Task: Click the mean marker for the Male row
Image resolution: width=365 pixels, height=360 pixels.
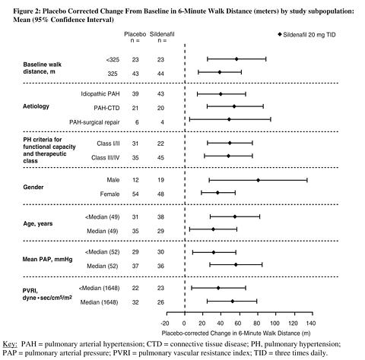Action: [258, 180]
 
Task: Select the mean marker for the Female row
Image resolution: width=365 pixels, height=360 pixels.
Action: [217, 193]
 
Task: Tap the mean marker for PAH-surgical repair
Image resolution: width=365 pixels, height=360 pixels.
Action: [229, 119]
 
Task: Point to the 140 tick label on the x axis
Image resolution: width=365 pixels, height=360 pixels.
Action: [311, 324]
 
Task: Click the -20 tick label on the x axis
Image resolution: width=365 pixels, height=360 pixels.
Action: [165, 324]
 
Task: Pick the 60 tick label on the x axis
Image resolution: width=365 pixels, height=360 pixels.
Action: [238, 324]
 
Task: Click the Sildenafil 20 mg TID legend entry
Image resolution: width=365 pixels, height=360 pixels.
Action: [306, 35]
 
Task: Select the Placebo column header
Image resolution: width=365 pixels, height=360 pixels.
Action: [135, 34]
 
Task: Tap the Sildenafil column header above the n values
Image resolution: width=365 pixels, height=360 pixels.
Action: [162, 34]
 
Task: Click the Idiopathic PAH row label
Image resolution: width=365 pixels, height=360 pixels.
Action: [100, 94]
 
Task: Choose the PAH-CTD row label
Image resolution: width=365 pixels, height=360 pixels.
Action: [106, 108]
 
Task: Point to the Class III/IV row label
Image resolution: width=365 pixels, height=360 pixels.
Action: [105, 158]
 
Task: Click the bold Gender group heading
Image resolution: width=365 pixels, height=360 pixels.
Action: [33, 187]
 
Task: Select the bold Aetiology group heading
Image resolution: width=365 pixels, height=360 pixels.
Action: [36, 106]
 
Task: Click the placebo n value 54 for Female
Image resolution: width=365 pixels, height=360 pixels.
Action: [135, 194]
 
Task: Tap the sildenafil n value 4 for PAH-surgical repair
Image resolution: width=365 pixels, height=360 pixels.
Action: [162, 122]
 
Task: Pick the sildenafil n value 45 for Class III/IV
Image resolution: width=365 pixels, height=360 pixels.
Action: [160, 158]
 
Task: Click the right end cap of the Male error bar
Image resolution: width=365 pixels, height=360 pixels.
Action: [307, 180]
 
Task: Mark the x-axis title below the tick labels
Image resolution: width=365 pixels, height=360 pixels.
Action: [236, 333]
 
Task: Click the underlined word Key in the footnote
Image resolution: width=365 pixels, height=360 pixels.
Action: [10, 344]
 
